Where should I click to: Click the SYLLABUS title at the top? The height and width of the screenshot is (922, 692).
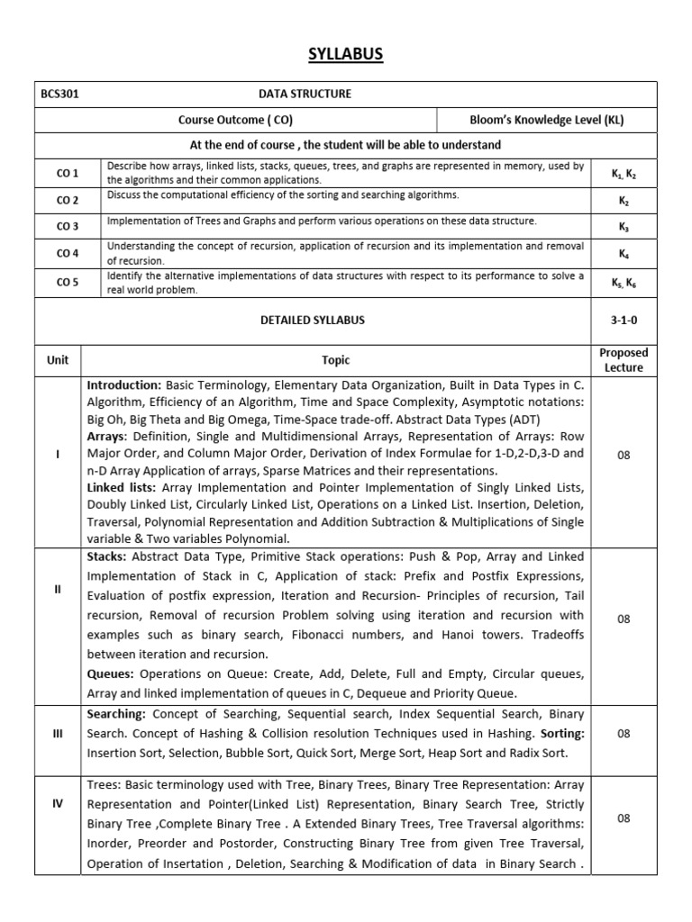(x=346, y=55)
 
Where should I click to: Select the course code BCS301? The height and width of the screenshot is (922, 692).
(x=62, y=94)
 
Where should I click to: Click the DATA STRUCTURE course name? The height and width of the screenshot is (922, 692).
(x=305, y=94)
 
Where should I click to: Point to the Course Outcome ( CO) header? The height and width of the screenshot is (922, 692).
(x=235, y=120)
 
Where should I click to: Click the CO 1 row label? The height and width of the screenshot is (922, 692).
(x=68, y=172)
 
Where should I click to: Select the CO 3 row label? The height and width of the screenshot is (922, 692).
(x=68, y=226)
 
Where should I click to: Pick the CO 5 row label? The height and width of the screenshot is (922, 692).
(x=68, y=282)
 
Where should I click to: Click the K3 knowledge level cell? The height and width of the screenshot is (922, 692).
(x=624, y=227)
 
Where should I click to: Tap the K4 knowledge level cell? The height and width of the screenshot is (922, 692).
(x=624, y=254)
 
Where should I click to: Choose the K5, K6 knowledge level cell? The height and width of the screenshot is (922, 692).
(x=624, y=282)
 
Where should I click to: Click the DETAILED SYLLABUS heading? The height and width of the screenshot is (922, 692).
(x=313, y=320)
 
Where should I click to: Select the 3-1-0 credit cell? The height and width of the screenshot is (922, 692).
(x=624, y=320)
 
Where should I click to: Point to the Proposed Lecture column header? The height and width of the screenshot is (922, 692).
(x=624, y=360)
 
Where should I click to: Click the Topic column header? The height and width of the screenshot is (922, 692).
(x=336, y=360)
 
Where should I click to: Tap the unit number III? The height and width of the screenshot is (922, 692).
(x=58, y=733)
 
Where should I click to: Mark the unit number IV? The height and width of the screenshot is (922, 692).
(x=58, y=803)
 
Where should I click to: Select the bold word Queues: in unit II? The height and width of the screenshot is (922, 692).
(x=111, y=673)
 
